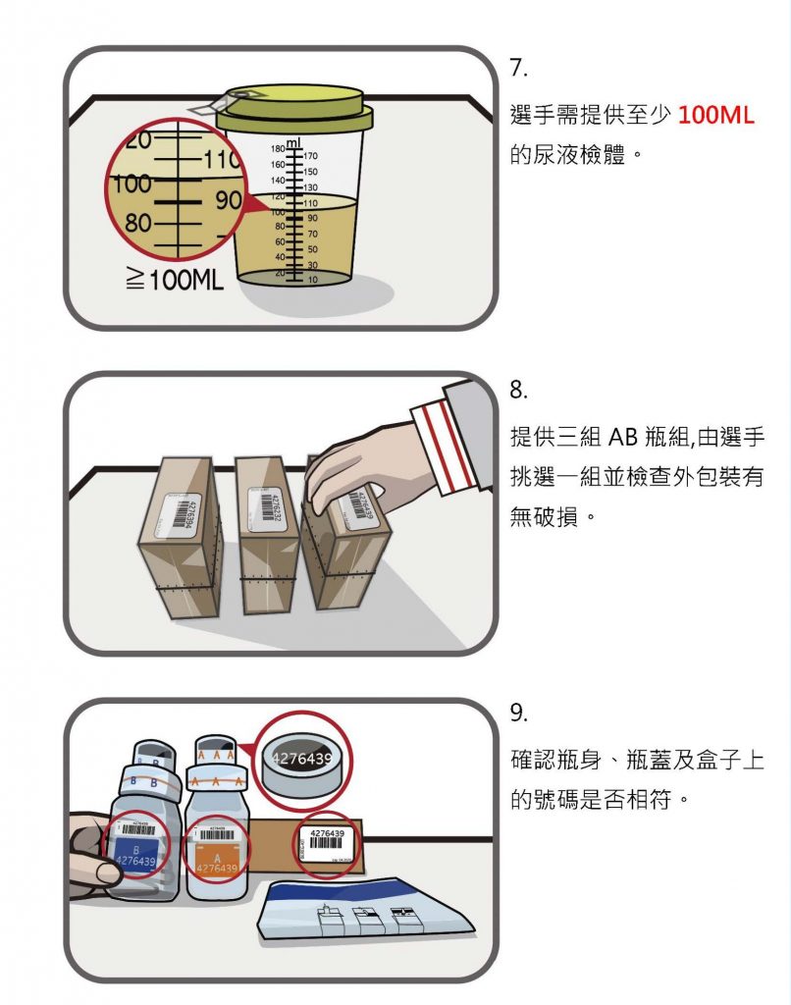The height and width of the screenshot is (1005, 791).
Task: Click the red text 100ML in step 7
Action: [715, 116]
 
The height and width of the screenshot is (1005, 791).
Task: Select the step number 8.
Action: [519, 390]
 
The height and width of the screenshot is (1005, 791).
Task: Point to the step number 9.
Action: [519, 714]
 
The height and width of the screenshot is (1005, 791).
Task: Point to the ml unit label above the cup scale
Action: [292, 142]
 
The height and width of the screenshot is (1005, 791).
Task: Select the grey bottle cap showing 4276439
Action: [301, 760]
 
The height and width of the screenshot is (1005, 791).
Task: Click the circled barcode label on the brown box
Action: [327, 842]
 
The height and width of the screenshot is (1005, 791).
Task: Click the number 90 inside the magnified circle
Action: [228, 199]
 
